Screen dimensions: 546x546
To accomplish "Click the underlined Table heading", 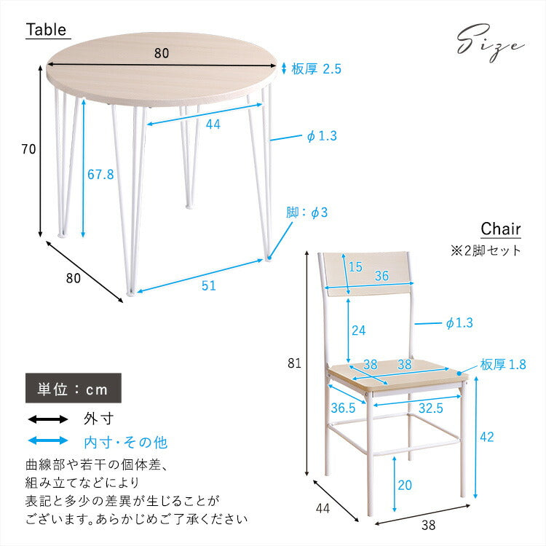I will coord(47,30).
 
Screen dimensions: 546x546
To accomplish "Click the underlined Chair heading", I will coord(501,229).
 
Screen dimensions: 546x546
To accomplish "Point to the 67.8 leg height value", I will coord(100,175).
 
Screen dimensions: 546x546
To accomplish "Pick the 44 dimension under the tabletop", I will coord(213,124).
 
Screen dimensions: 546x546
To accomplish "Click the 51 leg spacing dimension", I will coord(208,286).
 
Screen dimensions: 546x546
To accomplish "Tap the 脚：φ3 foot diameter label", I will coord(307,213).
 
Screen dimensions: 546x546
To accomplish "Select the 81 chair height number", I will coord(293,362).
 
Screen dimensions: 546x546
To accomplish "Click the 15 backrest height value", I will coord(355,267).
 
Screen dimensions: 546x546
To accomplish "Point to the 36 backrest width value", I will coord(381,277).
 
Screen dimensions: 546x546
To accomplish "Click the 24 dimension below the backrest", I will coord(358,330).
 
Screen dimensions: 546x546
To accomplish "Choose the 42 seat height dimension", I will coord(487,437).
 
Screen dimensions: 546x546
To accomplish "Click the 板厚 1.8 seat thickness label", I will coord(502,365).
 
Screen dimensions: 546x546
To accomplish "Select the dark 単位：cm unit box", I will coord(74,389).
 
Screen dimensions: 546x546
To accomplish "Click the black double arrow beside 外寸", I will coord(47,419).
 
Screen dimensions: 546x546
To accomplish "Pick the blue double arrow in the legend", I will coord(47,441).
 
